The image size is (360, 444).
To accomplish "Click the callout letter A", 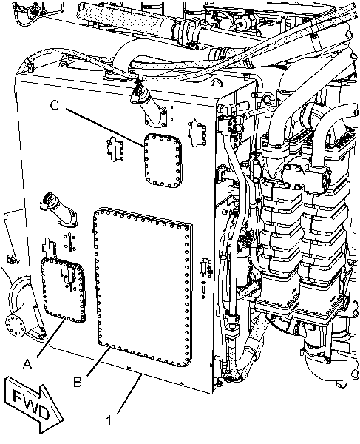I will coord(29,363).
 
